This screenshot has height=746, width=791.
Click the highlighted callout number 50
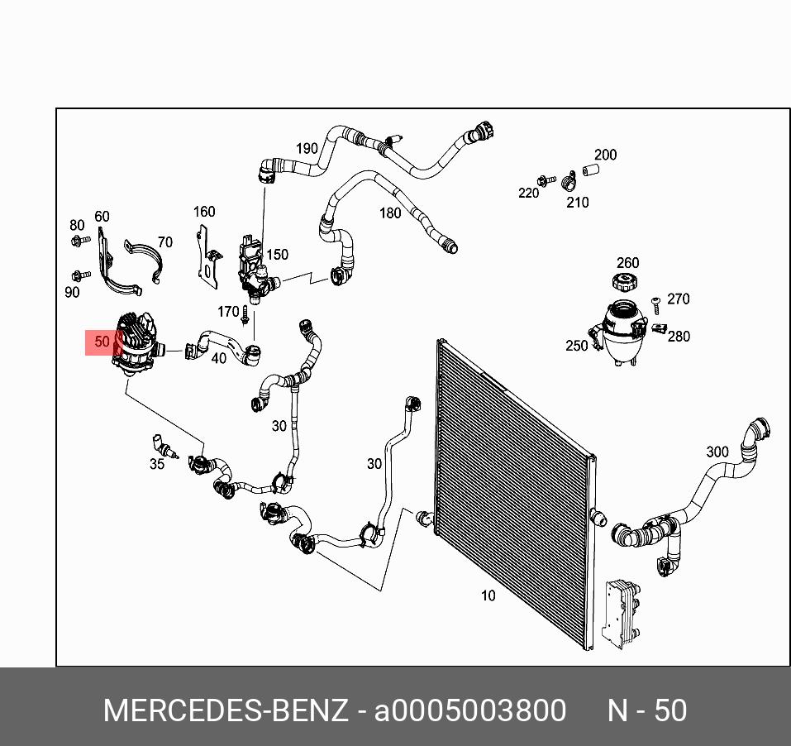102,342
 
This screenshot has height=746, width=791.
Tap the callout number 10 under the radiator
488,595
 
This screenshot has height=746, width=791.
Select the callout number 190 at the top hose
307,149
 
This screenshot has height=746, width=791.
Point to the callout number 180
389,213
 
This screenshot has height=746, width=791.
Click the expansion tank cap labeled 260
626,282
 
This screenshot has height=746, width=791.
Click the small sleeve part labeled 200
588,170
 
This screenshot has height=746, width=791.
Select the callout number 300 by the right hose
717,452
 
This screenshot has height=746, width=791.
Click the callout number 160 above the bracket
204,212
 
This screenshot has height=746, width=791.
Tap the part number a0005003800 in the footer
470,711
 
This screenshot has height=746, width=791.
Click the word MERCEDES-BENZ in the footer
225,711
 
